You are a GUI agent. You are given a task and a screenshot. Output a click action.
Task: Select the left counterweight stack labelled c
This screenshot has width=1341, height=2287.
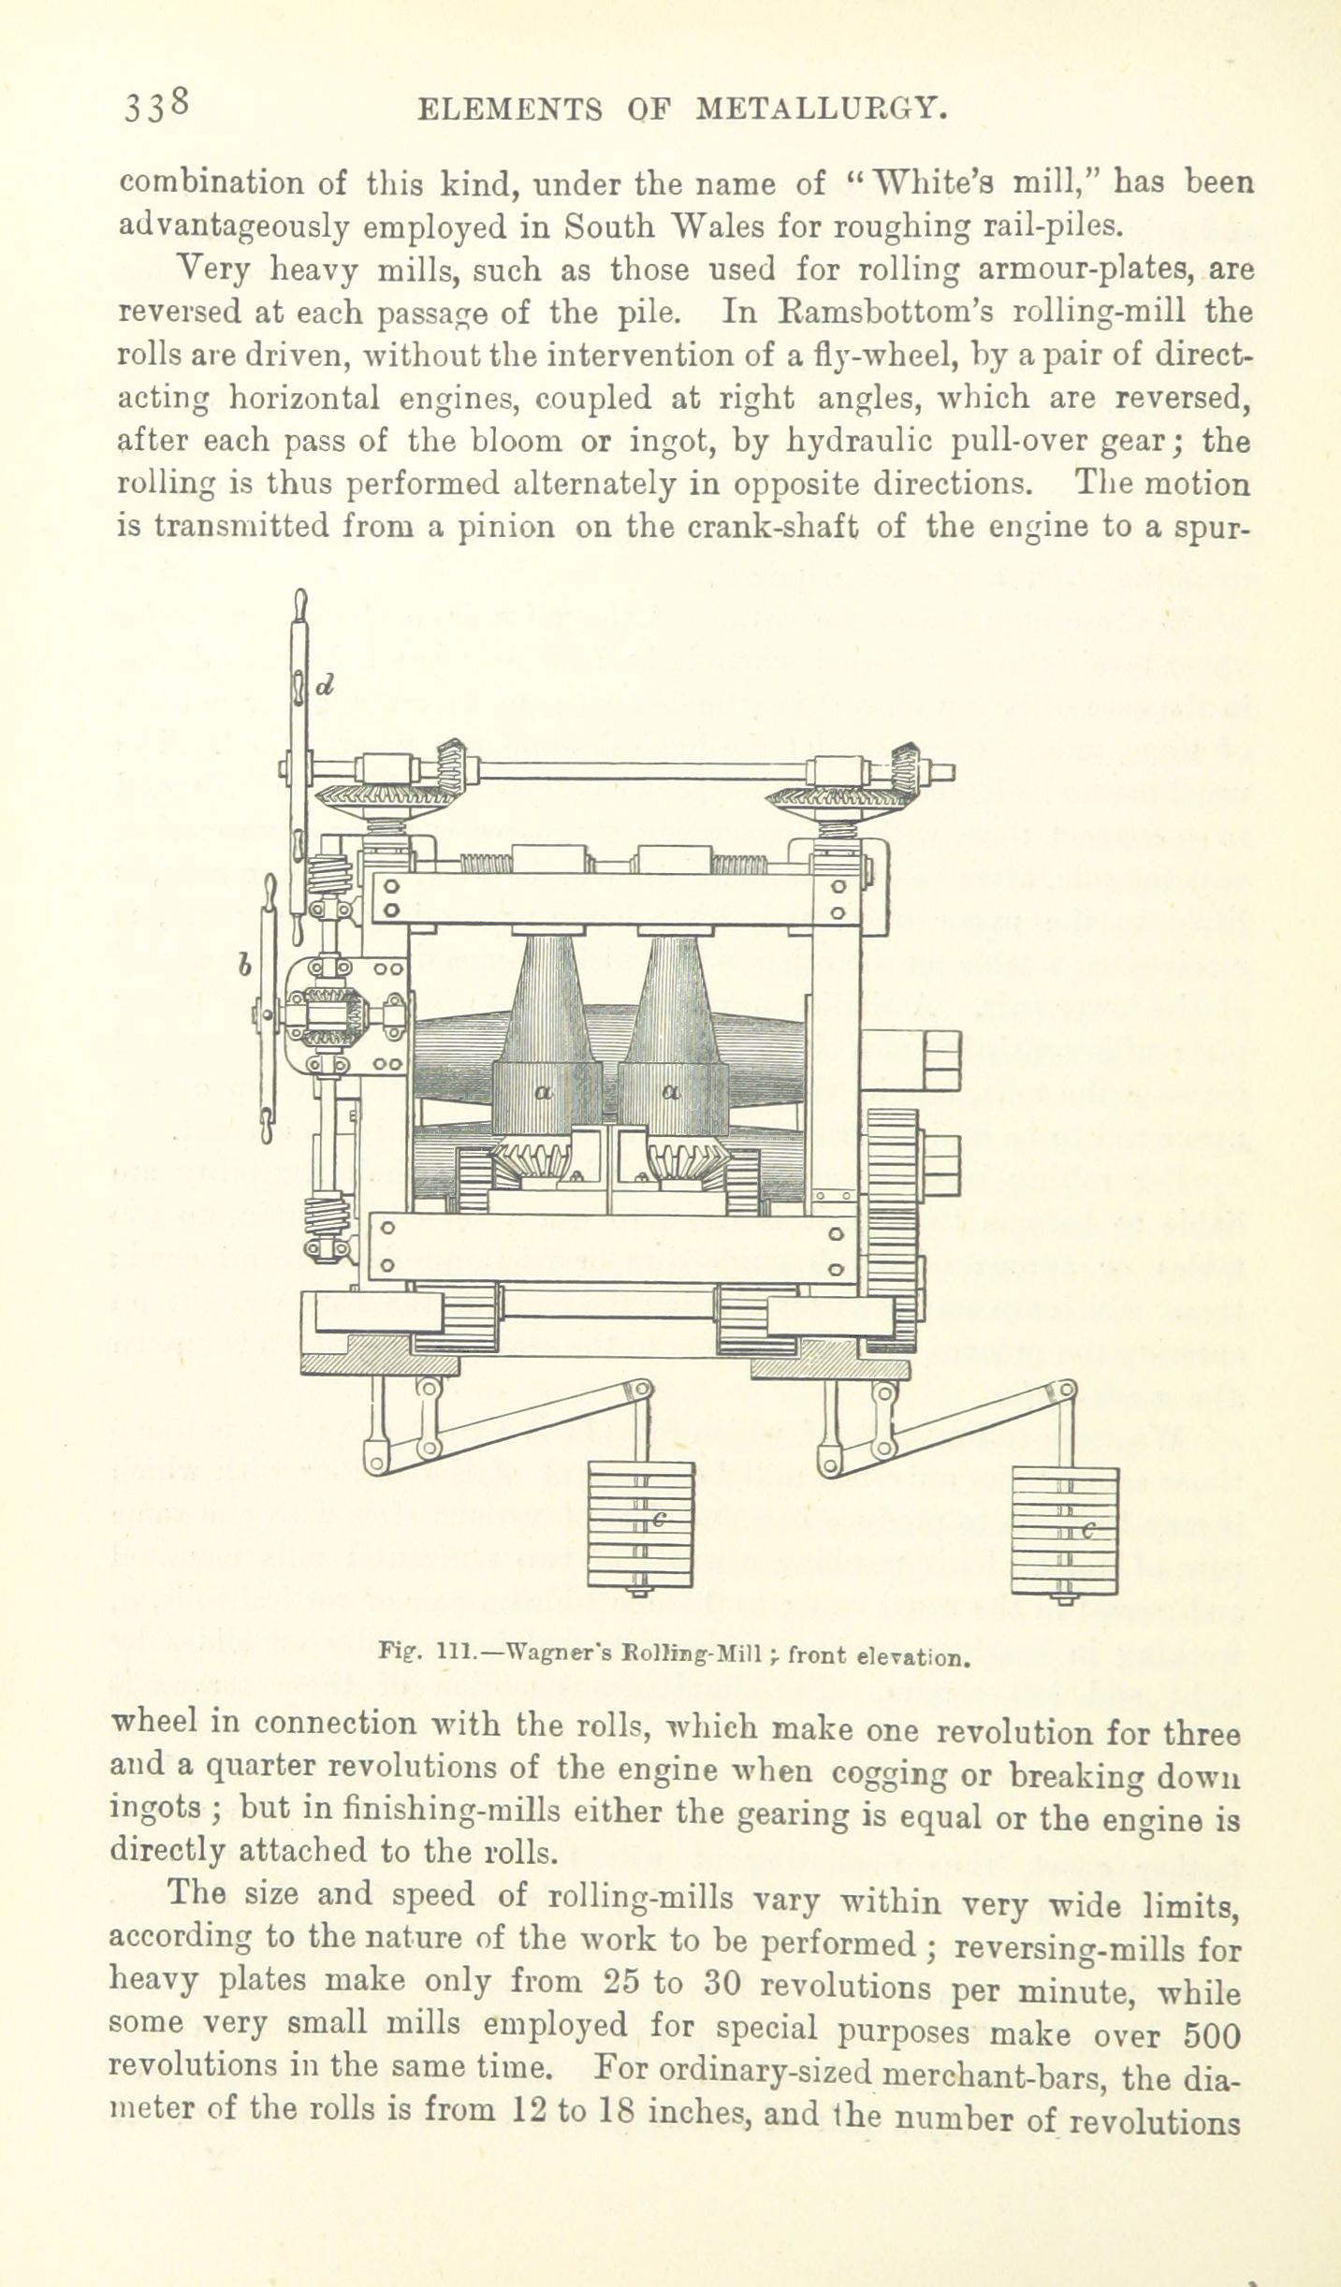click(641, 1524)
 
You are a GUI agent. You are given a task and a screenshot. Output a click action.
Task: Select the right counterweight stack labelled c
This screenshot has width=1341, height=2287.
click(1065, 1531)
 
